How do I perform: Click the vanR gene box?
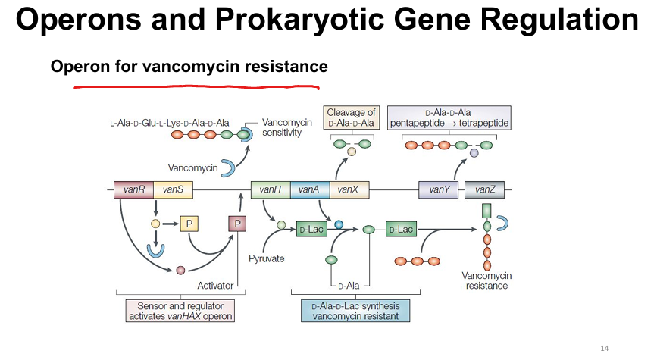[x=133, y=189]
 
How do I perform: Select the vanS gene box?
[x=173, y=189]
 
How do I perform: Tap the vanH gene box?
[x=271, y=189]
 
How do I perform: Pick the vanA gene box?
[x=310, y=189]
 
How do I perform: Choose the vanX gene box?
[x=349, y=189]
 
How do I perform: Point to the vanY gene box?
[x=438, y=189]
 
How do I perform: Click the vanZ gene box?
[x=484, y=189]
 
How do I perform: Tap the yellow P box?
[x=189, y=224]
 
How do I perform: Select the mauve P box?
[x=237, y=224]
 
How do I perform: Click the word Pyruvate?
[x=267, y=258]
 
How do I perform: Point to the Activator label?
[x=215, y=286]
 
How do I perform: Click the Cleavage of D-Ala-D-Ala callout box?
[x=352, y=117]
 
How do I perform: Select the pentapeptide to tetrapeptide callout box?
[x=449, y=117]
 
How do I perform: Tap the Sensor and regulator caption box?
[x=180, y=311]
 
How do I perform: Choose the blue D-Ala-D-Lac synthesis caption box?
[x=355, y=311]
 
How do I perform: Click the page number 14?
[x=604, y=349]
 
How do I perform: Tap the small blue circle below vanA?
[x=339, y=224]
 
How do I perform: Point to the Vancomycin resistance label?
[x=486, y=280]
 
